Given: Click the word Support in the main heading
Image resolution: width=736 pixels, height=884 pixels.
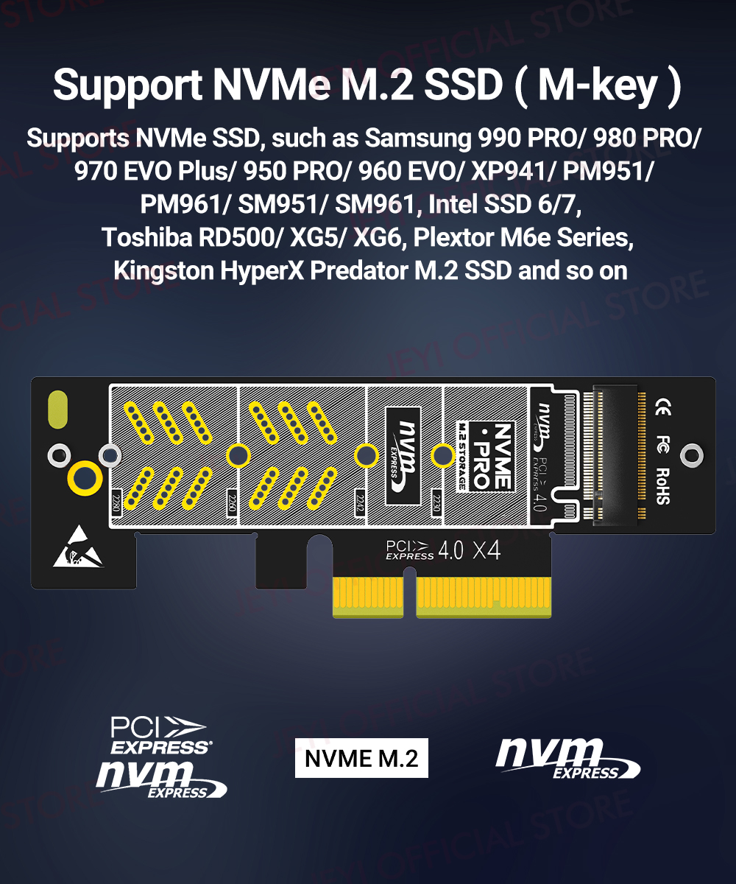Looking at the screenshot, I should click(126, 85).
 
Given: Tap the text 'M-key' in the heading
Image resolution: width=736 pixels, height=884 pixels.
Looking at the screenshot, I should click(598, 85).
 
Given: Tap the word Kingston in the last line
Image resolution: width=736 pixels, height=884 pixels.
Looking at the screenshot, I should click(163, 270).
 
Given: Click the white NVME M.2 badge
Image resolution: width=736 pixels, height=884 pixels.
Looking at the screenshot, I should click(361, 758).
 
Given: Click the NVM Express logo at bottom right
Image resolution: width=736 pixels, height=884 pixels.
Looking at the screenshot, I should click(567, 759).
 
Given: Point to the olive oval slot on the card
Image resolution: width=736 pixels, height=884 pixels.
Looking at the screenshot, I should click(57, 411).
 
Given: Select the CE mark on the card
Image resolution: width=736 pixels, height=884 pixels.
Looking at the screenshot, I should click(662, 407).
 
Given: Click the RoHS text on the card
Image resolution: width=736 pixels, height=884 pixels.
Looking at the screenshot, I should click(662, 485).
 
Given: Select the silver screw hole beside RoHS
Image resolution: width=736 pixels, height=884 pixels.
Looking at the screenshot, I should click(692, 455).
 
